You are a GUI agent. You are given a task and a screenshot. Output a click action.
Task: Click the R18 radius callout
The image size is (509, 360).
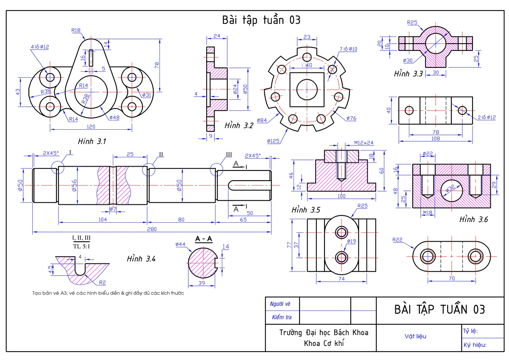pos(76,30)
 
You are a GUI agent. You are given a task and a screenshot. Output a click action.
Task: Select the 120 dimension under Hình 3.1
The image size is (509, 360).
pos(91,126)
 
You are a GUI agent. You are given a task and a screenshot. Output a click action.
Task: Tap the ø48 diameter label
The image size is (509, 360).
pos(114,117)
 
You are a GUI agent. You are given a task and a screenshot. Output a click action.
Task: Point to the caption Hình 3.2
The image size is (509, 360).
pos(239,126)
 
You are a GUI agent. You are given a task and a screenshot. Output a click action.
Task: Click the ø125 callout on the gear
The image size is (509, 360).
pos(273,141)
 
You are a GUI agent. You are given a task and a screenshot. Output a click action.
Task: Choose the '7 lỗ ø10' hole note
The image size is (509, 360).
pos(348,49)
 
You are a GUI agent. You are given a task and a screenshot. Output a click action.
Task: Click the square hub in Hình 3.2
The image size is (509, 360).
pos(307,89)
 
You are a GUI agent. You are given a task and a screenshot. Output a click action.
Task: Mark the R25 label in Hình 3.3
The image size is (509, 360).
pos(412,22)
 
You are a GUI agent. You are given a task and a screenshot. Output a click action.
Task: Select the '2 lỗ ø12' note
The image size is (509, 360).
pos(487,117)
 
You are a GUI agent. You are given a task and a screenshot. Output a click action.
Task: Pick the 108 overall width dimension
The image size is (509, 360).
pos(436,139)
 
